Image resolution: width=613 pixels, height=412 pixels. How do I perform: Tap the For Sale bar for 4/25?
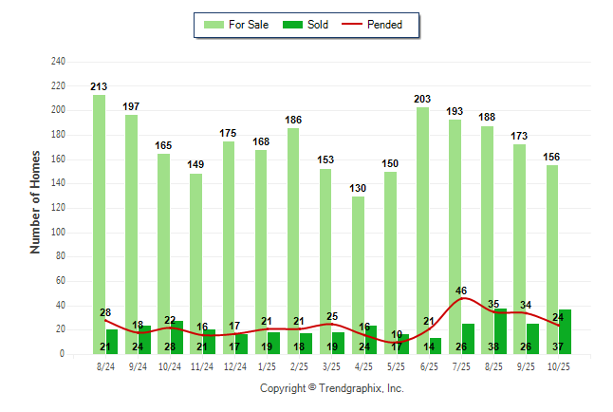click(x=358, y=275)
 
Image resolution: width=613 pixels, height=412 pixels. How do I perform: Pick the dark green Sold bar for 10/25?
click(x=565, y=331)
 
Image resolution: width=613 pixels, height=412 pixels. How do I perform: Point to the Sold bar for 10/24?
click(x=176, y=337)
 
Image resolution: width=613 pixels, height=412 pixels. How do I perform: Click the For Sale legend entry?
click(x=238, y=25)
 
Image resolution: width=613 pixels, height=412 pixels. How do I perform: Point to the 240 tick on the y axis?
click(x=58, y=62)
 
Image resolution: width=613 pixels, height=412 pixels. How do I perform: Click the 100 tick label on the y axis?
click(x=58, y=233)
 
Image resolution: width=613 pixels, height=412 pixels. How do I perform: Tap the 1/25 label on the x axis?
click(x=267, y=366)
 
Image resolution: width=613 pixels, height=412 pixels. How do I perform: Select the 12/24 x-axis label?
click(x=234, y=366)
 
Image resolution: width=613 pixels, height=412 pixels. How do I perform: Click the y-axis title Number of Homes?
click(x=35, y=202)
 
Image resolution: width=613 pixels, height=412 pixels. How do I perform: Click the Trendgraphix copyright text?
click(x=332, y=388)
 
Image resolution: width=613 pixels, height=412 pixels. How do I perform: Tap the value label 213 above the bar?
click(x=99, y=86)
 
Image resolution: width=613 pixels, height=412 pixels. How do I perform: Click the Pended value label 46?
click(x=462, y=290)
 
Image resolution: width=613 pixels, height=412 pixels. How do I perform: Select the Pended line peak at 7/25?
click(x=462, y=299)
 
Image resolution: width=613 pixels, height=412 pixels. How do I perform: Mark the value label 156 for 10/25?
click(x=551, y=157)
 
